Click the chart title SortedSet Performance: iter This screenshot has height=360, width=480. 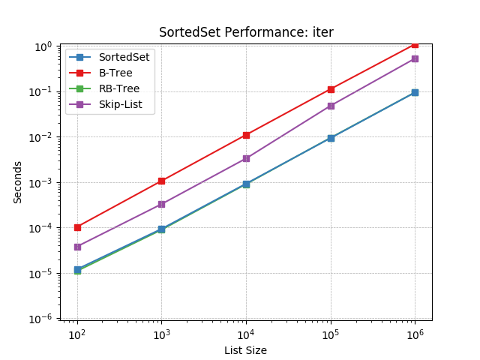pyautogui.click(x=246, y=32)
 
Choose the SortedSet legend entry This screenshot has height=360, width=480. pyautogui.click(x=124, y=57)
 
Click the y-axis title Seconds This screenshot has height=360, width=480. pyautogui.click(x=17, y=182)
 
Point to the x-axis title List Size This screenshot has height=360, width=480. pyautogui.click(x=245, y=350)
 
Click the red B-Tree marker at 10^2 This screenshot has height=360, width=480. pyautogui.click(x=77, y=227)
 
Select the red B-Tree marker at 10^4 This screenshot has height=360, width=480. pyautogui.click(x=246, y=135)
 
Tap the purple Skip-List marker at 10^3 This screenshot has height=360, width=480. pyautogui.click(x=161, y=204)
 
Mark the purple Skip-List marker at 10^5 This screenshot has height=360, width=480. pyautogui.click(x=331, y=106)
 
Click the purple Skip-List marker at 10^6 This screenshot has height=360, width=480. pyautogui.click(x=415, y=58)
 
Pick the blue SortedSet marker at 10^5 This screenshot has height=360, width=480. pyautogui.click(x=331, y=138)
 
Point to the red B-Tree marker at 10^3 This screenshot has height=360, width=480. pyautogui.click(x=161, y=181)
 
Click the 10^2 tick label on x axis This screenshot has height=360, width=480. pyautogui.click(x=76, y=334)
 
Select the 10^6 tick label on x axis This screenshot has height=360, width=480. pyautogui.click(x=415, y=334)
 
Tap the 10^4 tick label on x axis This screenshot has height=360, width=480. pyautogui.click(x=246, y=334)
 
